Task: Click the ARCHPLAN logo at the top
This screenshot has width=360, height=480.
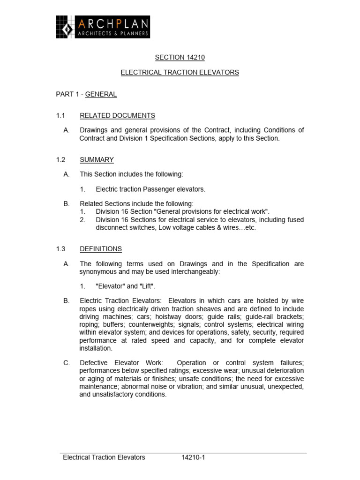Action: click(x=103, y=27)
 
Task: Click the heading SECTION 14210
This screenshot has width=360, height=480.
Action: click(x=180, y=58)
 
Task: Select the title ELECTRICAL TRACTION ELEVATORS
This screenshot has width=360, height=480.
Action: click(x=180, y=73)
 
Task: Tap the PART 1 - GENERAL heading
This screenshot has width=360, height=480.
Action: click(x=86, y=94)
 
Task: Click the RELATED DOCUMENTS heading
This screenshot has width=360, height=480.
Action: click(x=117, y=116)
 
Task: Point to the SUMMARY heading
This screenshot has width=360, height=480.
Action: click(x=97, y=160)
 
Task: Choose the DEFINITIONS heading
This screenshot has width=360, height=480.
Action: click(x=100, y=249)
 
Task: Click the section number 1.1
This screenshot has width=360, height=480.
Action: click(x=60, y=116)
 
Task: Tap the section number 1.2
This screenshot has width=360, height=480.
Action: click(x=60, y=160)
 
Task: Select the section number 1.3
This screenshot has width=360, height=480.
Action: click(x=60, y=249)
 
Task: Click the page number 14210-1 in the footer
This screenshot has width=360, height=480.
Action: click(x=194, y=457)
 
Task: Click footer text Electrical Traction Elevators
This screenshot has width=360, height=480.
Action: click(x=104, y=457)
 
